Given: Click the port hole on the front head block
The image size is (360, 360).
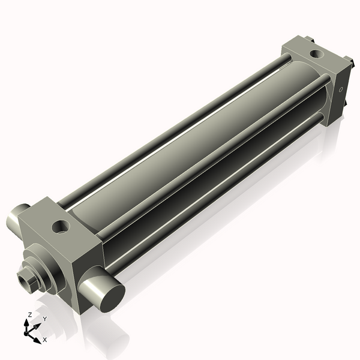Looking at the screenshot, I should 61,227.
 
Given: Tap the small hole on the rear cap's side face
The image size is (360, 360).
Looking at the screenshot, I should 341,89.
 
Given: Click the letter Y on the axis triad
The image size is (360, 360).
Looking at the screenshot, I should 44,320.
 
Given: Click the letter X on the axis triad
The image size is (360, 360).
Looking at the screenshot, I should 44,340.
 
